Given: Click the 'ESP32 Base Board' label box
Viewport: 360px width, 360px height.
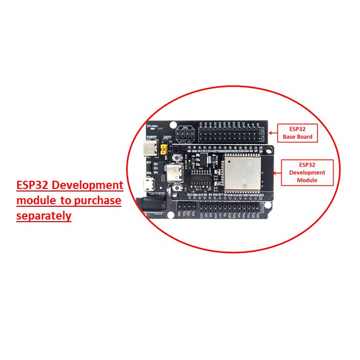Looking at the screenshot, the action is click(x=297, y=132).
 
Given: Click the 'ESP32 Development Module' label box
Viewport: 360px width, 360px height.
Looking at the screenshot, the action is click(x=307, y=172).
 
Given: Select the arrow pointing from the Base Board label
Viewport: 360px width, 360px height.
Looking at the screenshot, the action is click(x=269, y=130).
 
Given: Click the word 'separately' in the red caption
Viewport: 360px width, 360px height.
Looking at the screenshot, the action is click(x=44, y=216).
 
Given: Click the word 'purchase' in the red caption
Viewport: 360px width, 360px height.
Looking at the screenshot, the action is click(x=97, y=201).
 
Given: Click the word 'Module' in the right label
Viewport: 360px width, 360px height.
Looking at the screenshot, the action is click(x=307, y=180).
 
